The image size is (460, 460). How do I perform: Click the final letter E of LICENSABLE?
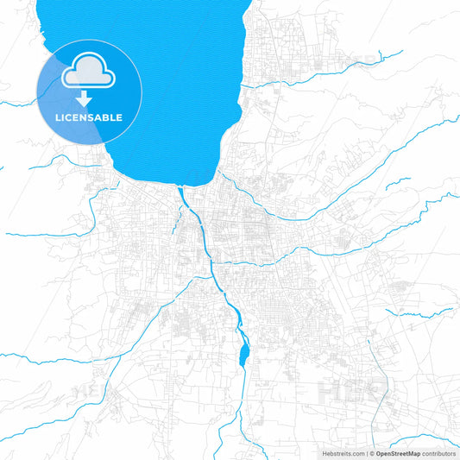click(119, 117)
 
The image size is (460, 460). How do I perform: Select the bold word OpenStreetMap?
click(398, 453)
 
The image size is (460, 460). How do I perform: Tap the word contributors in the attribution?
click(438, 453)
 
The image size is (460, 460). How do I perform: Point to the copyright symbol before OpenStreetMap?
click(372, 453)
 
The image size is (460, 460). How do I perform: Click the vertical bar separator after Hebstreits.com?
click(366, 453)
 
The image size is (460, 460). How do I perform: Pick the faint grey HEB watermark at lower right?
click(352, 389)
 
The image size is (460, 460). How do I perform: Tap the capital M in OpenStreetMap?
click(410, 453)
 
